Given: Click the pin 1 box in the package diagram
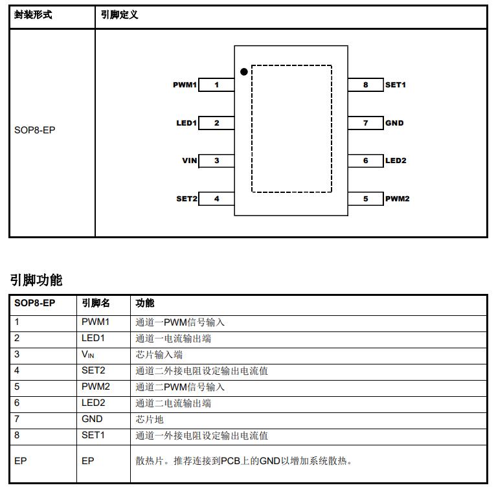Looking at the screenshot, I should click(216, 85).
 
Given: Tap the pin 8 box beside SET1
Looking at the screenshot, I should click(366, 85).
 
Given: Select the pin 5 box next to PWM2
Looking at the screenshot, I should click(366, 199).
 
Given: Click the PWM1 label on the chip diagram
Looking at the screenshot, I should click(185, 85).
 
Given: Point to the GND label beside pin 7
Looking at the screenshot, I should click(394, 123).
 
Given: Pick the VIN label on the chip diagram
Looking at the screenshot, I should click(190, 161).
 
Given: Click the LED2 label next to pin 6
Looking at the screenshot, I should click(396, 161).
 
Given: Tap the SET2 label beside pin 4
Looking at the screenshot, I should click(186, 199).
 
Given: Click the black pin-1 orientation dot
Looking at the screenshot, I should click(243, 72).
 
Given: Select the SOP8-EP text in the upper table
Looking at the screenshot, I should click(35, 130).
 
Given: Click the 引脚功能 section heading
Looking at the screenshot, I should click(36, 280).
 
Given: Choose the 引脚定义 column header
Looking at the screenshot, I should click(120, 15).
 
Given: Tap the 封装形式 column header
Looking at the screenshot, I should click(33, 15).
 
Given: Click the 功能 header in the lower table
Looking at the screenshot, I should click(145, 303).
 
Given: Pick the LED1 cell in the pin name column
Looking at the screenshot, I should click(93, 338).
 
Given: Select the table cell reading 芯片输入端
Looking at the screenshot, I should click(159, 355).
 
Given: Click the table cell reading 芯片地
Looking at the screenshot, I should click(150, 419).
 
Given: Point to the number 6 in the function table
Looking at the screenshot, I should click(17, 403).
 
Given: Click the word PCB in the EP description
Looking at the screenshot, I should click(231, 461).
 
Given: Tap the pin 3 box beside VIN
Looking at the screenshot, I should click(216, 161).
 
